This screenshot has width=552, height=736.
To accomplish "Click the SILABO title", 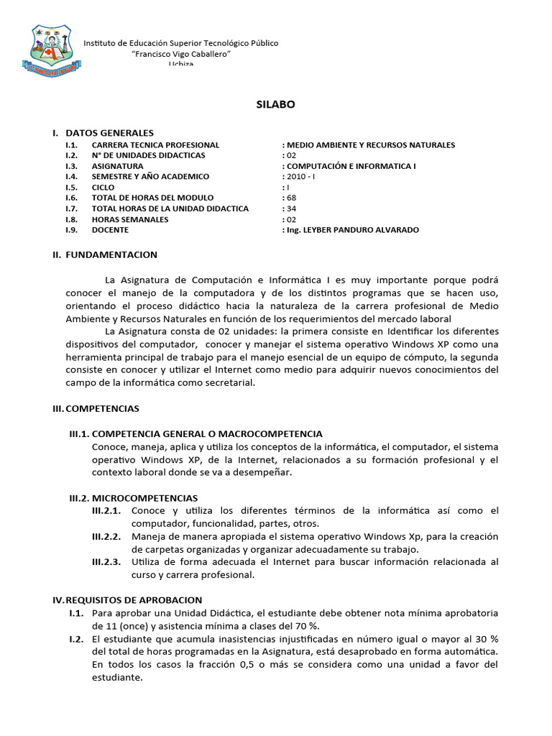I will pos(276,104).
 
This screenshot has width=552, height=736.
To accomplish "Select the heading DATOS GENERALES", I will pos(109,133).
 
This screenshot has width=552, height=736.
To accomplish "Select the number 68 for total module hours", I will pos(290,198).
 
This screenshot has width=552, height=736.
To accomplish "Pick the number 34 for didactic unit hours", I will pos(290,208).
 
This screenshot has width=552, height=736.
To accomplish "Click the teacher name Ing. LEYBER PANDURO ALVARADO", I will pos(351,230).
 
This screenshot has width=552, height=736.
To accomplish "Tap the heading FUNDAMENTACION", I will pos(111,254).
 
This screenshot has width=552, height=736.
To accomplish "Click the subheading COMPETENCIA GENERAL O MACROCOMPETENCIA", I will pos(208,433).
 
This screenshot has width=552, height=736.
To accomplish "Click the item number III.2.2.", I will pos(106,536).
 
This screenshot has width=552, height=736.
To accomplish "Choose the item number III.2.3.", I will pos(106,562).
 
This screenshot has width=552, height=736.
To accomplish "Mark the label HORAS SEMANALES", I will pos(130,219).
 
